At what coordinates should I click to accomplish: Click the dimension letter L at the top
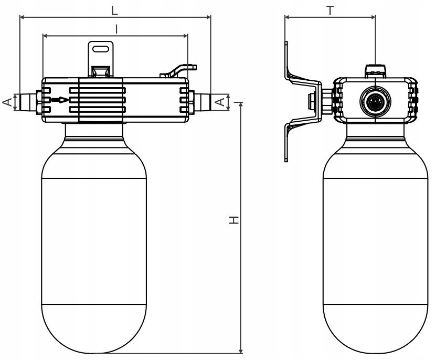coord(114,10)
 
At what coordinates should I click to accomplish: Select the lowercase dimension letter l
coord(116,29)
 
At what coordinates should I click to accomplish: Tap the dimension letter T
coord(330,10)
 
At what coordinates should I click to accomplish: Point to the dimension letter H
coord(234,219)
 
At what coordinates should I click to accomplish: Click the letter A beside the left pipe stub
coord(8,102)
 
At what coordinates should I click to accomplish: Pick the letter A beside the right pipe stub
coord(220,102)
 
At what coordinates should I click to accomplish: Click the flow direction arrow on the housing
coord(60,100)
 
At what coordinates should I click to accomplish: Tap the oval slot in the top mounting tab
coord(101,49)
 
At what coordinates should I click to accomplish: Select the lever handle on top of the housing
coord(178,71)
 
